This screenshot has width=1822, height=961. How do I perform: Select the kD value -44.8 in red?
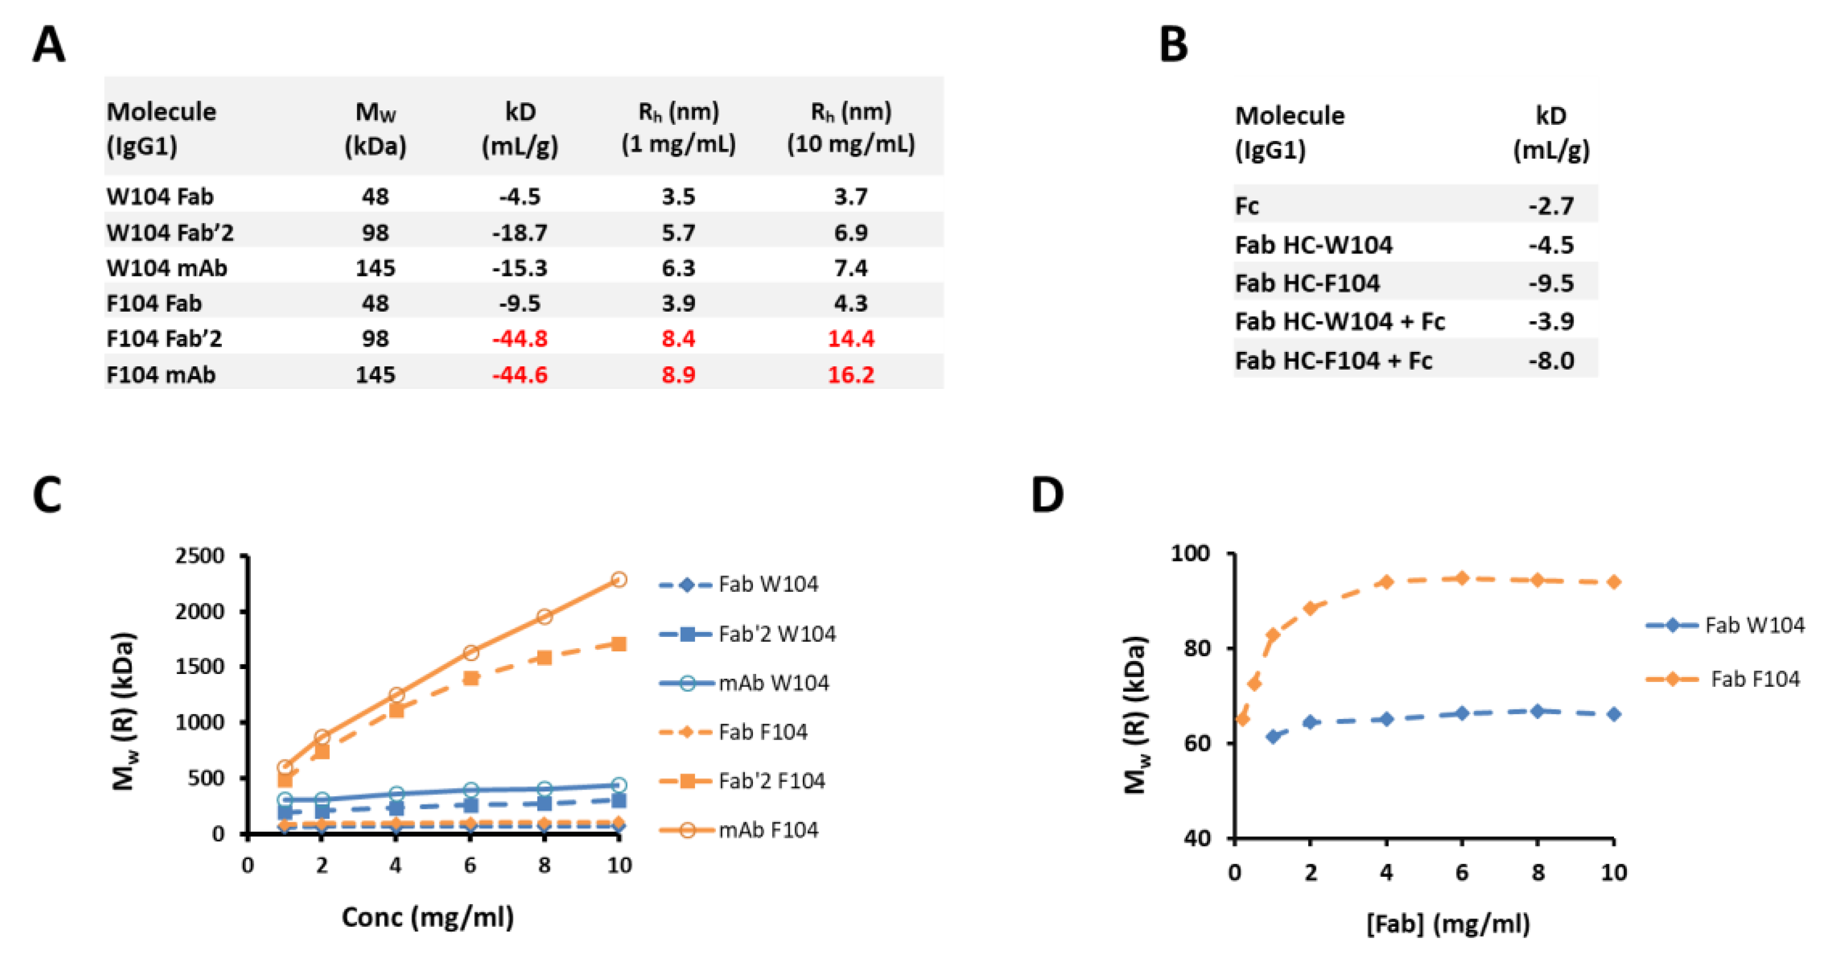pos(520,339)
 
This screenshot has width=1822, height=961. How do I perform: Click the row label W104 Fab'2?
pos(170,232)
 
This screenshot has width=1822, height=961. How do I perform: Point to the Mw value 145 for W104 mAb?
pos(375,268)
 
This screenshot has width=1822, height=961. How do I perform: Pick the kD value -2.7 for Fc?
pos(1550,206)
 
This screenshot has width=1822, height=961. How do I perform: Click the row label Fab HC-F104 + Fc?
pos(1333,361)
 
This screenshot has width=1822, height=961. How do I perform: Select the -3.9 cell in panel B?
pos(1550,322)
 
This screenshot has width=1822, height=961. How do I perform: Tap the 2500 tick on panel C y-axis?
pos(200,556)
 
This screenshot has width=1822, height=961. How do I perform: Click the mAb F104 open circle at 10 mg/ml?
pos(618,580)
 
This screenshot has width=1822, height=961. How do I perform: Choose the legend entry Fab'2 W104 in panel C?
pos(776,634)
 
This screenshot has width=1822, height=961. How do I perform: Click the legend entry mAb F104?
pos(768,829)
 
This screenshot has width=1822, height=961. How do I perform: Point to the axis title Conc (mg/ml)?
pos(427,917)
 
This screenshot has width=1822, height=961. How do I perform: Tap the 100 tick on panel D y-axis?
pos(1190,553)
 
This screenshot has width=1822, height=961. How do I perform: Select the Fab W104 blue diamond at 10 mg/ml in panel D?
pos(1614,714)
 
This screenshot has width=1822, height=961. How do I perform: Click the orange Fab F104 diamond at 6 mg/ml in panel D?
pos(1462,579)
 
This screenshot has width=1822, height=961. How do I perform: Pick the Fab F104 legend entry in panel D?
pos(1754,679)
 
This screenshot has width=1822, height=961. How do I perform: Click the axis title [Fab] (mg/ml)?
pos(1448,924)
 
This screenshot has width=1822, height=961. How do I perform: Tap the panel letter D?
pos(1047,495)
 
